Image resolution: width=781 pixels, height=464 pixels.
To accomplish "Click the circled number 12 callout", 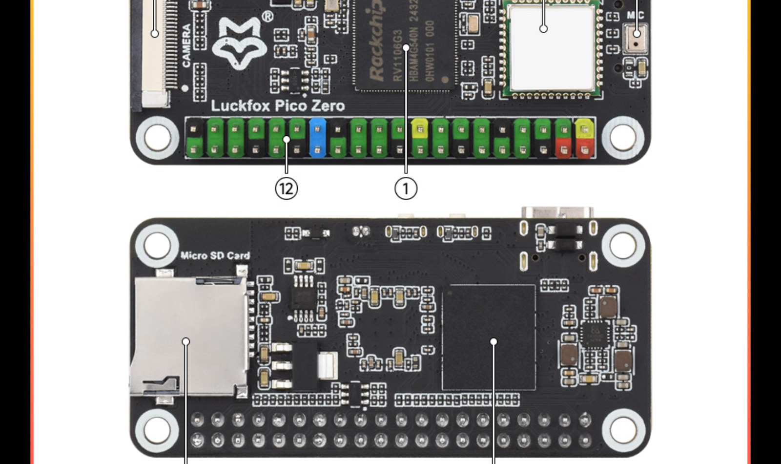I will point(286,188).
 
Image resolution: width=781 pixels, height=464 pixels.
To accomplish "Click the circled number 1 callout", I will point(406,188).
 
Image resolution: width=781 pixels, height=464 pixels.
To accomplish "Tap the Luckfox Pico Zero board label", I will point(278,106).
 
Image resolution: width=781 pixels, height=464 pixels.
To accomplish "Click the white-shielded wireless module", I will point(551,47).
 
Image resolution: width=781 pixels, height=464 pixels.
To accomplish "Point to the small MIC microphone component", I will point(636,36).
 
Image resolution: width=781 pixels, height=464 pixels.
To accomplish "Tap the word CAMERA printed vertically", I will point(186,46).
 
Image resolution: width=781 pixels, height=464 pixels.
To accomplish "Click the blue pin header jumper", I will point(318,137).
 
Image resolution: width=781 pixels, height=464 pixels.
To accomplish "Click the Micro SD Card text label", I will point(215,255).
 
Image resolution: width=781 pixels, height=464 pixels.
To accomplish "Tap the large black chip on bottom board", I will point(489,337).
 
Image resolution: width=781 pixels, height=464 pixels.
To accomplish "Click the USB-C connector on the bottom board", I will point(558,214).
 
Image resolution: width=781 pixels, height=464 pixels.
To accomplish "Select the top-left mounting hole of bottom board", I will point(156,245).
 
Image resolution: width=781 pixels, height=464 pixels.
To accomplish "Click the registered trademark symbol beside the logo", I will point(267,17).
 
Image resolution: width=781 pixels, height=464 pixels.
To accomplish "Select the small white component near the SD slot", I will point(328,365).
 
